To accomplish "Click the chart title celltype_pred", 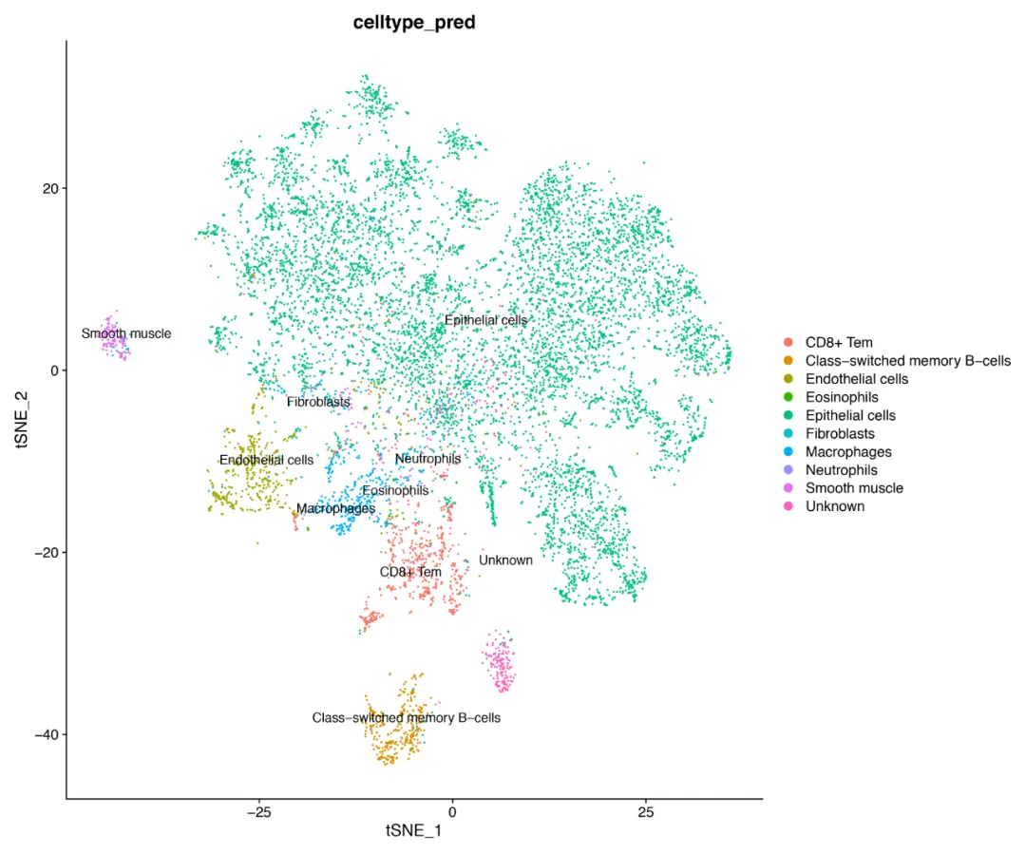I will pyautogui.click(x=413, y=23).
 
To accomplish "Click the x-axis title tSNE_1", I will pyautogui.click(x=413, y=830).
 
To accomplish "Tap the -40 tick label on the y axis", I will pyautogui.click(x=45, y=734).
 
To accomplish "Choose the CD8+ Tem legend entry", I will pyautogui.click(x=839, y=343).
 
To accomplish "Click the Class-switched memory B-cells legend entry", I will pyautogui.click(x=907, y=361).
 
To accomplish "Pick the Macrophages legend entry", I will pyautogui.click(x=848, y=452).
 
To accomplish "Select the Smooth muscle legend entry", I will pyautogui.click(x=854, y=488).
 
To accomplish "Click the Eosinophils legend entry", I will pyautogui.click(x=842, y=397).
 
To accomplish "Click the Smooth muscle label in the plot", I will pyautogui.click(x=126, y=333).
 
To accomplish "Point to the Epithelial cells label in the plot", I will pyautogui.click(x=485, y=321).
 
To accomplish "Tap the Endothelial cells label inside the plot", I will pyautogui.click(x=266, y=460).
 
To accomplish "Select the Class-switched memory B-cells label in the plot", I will pyautogui.click(x=406, y=718).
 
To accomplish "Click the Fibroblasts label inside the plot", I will pyautogui.click(x=318, y=403).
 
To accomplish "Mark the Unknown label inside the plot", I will pyautogui.click(x=505, y=560).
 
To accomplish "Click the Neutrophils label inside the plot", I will pyautogui.click(x=427, y=459).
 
